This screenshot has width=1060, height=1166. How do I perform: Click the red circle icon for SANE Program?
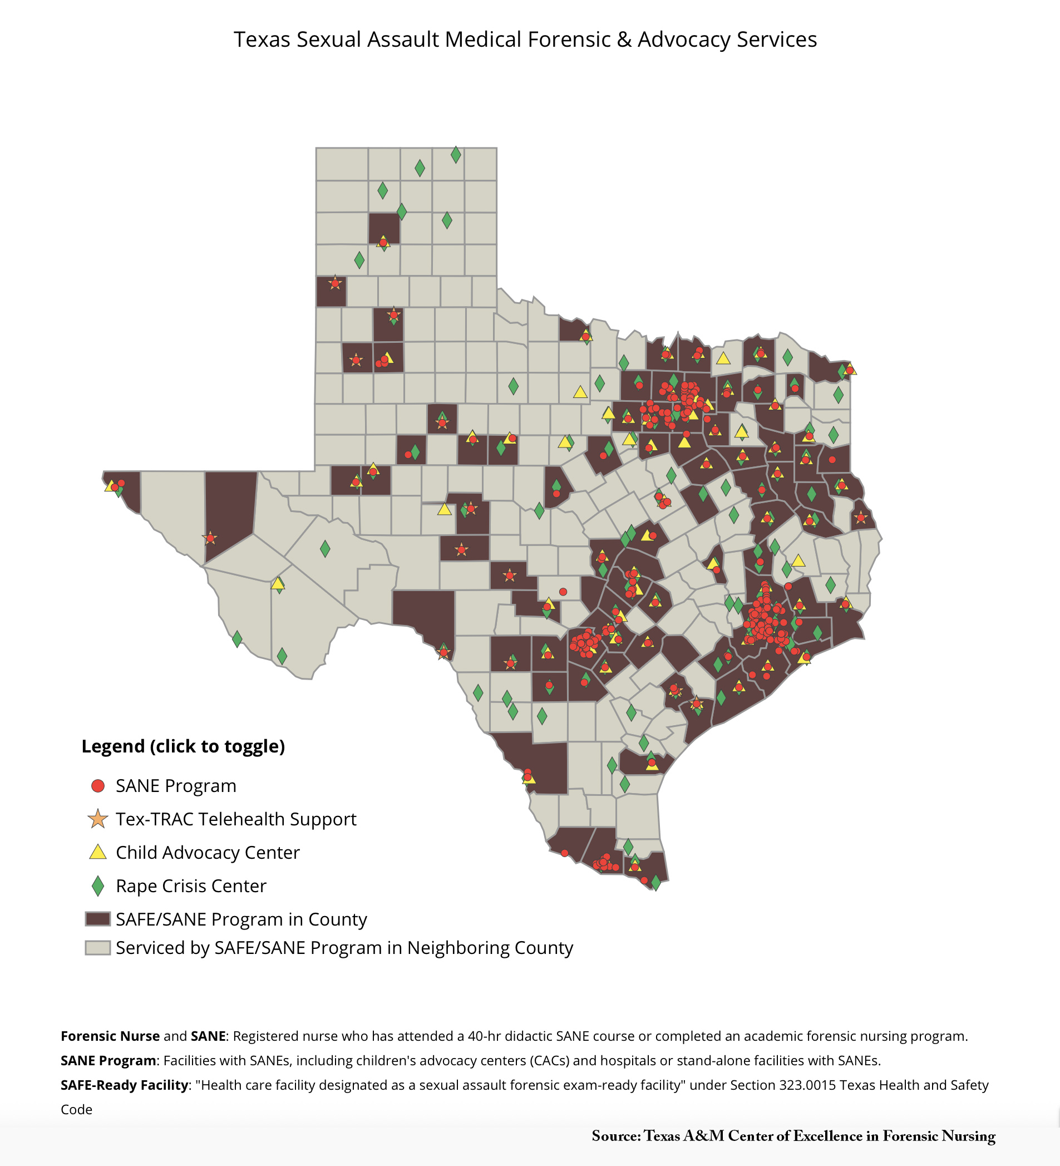click(98, 785)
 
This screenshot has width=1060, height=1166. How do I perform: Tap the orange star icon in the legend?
click(98, 819)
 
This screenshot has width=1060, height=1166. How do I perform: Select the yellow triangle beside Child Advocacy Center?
click(98, 853)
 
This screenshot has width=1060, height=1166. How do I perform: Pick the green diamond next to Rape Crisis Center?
click(98, 885)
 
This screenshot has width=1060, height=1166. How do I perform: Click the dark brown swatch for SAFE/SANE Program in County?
click(98, 919)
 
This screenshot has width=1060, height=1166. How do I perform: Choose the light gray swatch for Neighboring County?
click(98, 947)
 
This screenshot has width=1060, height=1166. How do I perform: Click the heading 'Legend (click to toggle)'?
click(183, 746)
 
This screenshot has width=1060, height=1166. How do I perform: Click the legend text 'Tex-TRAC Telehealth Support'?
click(236, 819)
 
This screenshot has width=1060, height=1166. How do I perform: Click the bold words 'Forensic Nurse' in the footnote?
click(110, 1036)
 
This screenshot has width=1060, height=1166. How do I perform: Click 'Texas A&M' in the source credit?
click(684, 1136)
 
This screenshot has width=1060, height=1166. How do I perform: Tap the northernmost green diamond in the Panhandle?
click(456, 154)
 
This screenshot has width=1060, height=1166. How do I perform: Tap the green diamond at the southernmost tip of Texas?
click(656, 882)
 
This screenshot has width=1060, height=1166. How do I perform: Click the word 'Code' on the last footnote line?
click(76, 1109)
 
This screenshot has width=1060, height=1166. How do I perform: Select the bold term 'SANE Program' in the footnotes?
click(108, 1060)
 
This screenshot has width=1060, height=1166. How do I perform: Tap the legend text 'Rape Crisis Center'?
click(191, 885)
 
